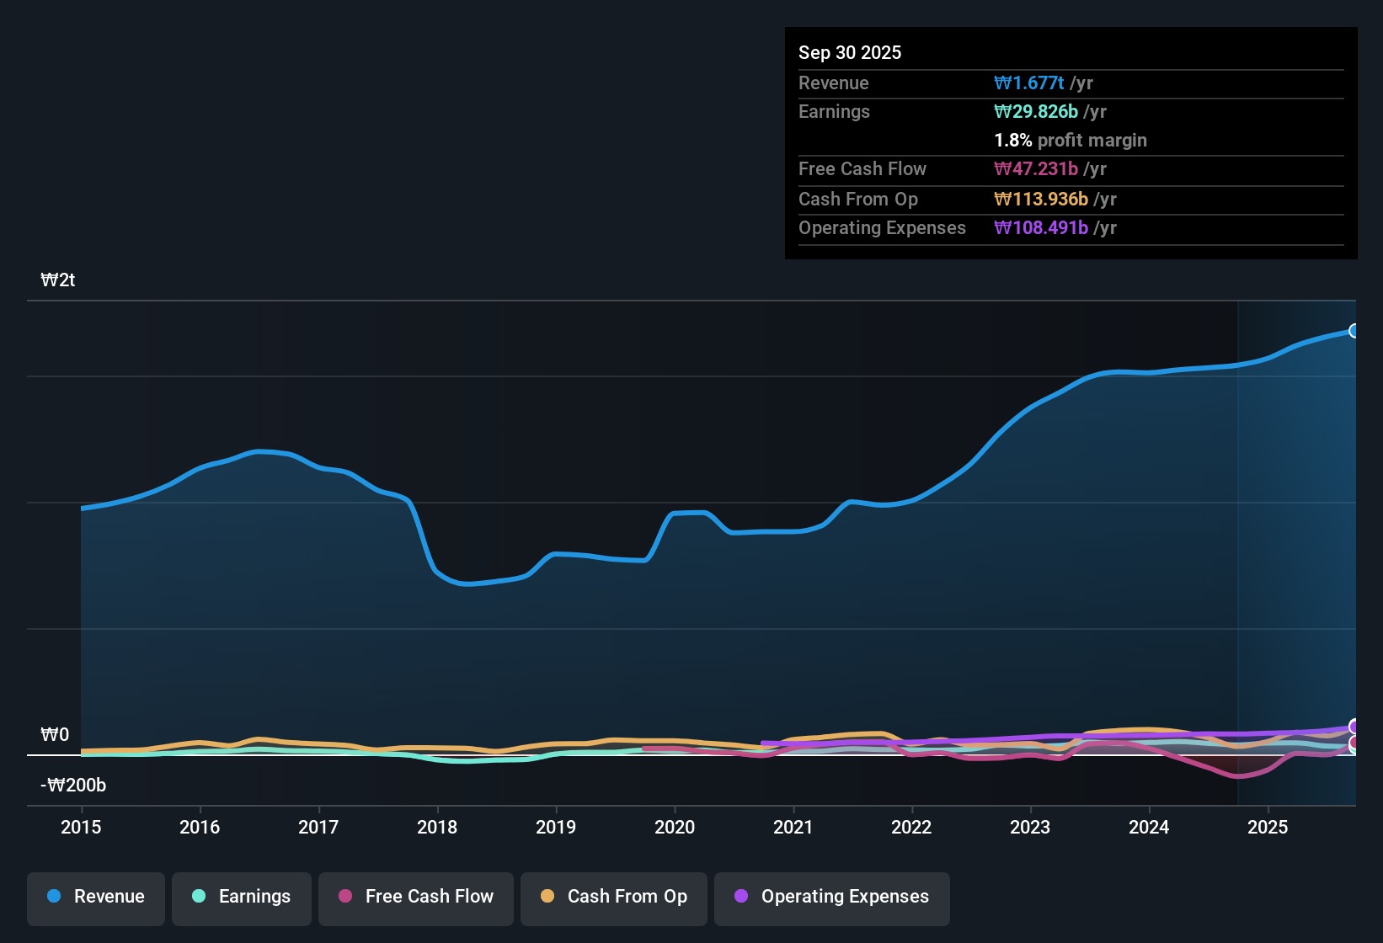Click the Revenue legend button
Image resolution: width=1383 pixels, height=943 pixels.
click(x=96, y=897)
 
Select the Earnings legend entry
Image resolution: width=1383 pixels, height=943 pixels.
click(x=242, y=897)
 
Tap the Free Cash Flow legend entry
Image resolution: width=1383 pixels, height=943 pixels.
click(x=416, y=897)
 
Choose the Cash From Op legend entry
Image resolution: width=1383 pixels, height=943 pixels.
click(x=614, y=897)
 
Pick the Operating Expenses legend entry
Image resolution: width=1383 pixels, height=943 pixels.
click(x=832, y=897)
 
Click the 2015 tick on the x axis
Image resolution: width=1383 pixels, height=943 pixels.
click(x=81, y=827)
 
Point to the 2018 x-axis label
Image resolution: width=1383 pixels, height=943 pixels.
click(x=437, y=827)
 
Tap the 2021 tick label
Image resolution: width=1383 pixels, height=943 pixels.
click(x=793, y=827)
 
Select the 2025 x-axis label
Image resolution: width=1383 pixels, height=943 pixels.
click(x=1268, y=827)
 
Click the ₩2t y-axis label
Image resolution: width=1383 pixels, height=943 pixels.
click(x=58, y=280)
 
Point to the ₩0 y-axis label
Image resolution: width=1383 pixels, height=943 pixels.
click(x=55, y=735)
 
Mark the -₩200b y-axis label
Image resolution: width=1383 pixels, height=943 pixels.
click(x=73, y=786)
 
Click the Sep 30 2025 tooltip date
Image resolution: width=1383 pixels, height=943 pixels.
click(x=850, y=52)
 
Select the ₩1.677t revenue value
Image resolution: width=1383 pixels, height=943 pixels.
click(x=1028, y=83)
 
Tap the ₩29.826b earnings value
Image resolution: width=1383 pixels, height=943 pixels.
click(x=1036, y=111)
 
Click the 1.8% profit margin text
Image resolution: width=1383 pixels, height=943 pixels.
click(x=1071, y=140)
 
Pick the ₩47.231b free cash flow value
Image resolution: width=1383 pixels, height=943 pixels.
click(x=1036, y=168)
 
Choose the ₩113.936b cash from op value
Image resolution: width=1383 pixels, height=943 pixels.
click(x=1041, y=199)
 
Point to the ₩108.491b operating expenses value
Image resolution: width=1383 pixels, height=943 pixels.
click(x=1041, y=227)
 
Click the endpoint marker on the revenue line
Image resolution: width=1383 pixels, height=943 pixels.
click(x=1354, y=331)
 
